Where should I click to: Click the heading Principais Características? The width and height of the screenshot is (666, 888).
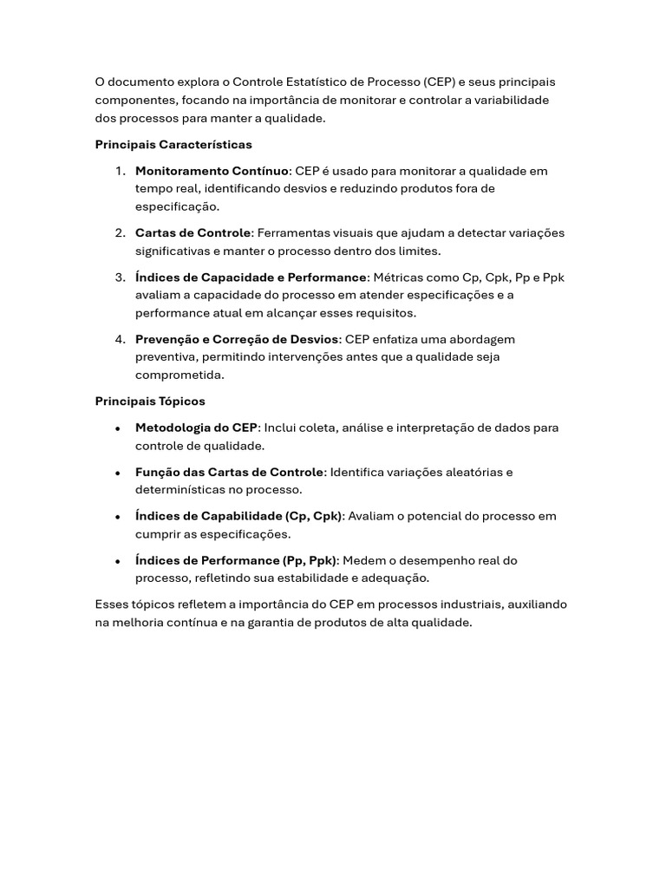[173, 144]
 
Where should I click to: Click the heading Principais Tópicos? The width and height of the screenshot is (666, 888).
[150, 401]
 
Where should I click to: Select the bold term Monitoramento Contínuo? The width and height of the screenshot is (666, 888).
[212, 171]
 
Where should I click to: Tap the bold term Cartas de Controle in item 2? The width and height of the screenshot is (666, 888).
[193, 232]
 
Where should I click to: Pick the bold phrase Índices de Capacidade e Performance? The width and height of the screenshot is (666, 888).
[251, 277]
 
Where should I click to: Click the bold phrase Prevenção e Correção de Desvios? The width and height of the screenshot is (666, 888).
[237, 339]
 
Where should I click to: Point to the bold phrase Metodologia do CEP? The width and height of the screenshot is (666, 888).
[196, 428]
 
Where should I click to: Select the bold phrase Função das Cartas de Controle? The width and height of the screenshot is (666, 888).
[229, 472]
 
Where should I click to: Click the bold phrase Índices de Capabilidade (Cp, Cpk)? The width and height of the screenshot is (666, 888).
[238, 516]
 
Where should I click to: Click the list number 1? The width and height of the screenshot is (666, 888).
[120, 171]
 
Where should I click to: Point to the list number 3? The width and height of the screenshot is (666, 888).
[120, 277]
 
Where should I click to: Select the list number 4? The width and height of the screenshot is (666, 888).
[120, 339]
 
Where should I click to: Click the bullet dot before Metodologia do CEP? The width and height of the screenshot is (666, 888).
[117, 428]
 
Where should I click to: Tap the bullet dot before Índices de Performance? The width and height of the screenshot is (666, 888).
[117, 561]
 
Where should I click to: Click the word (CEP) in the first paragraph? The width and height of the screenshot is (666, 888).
[440, 82]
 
